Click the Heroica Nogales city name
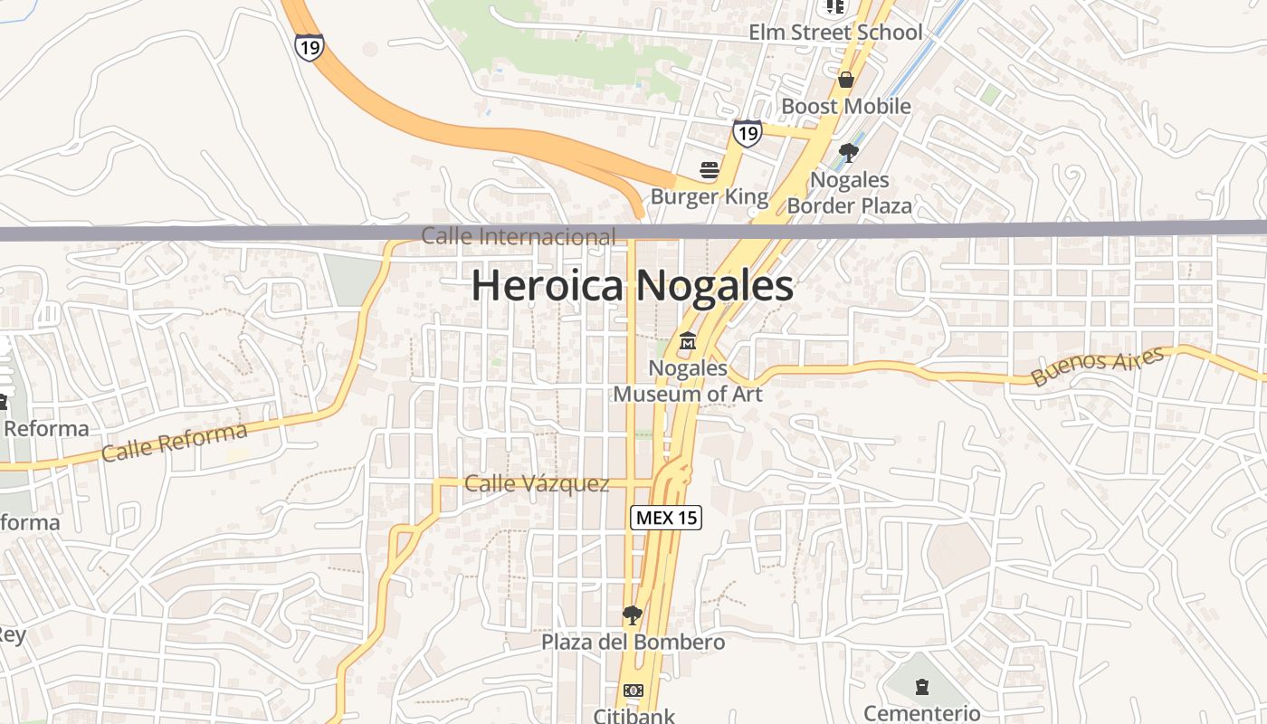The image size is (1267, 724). tap(633, 286)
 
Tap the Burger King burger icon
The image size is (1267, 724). tap(710, 169)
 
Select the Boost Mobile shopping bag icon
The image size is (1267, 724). tap(846, 80)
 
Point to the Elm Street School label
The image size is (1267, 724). tap(835, 33)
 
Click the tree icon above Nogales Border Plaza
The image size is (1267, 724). tap(848, 152)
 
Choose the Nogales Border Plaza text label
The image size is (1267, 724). tap(849, 193)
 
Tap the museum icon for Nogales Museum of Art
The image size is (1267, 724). tap(688, 343)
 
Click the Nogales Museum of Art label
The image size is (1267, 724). tap(688, 381)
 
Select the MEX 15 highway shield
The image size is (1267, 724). tap(666, 518)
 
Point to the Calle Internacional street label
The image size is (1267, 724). tap(519, 237)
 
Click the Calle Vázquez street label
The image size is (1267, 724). tap(537, 484)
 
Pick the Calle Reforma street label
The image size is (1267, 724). tap(175, 442)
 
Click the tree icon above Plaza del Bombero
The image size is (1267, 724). tap(633, 616)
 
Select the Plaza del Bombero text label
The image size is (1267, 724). tap(633, 643)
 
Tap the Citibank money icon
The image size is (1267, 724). tap(633, 691)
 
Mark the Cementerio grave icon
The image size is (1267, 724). tap(921, 687)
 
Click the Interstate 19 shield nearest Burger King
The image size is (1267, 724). tap(747, 134)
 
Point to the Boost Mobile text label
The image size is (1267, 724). tap(846, 106)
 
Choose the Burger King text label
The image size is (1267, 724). tap(710, 196)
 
